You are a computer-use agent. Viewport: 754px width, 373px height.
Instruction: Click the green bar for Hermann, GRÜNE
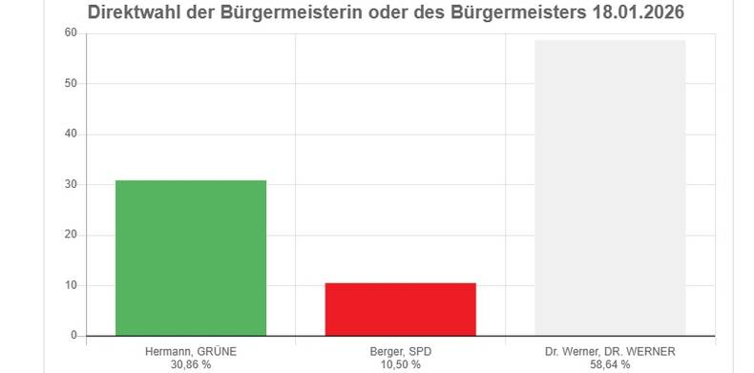[x=191, y=258]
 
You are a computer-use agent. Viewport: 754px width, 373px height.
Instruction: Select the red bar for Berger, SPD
[x=400, y=309]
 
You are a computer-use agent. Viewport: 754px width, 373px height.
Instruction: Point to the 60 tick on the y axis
[x=71, y=32]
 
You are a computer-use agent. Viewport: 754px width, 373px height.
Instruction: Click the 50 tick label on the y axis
[x=71, y=83]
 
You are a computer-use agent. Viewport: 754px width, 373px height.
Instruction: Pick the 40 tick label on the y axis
[x=71, y=134]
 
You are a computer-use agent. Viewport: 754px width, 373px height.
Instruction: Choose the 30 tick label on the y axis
[x=71, y=184]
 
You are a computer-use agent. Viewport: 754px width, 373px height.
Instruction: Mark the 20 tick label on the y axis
[x=71, y=235]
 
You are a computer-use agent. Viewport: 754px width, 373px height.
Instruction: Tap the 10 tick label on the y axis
[x=71, y=285]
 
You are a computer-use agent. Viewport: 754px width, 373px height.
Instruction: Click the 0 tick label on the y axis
[x=73, y=336]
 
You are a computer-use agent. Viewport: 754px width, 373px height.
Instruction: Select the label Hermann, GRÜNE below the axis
[x=191, y=351]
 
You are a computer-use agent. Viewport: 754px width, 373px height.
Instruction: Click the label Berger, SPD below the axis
[x=400, y=351]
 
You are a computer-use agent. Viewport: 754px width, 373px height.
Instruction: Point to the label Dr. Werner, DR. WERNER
[x=610, y=351]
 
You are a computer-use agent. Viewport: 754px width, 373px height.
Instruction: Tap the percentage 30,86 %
[x=191, y=364]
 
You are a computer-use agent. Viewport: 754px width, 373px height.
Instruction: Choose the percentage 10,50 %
[x=400, y=364]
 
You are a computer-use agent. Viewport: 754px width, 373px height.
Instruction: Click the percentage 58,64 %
[x=610, y=364]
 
